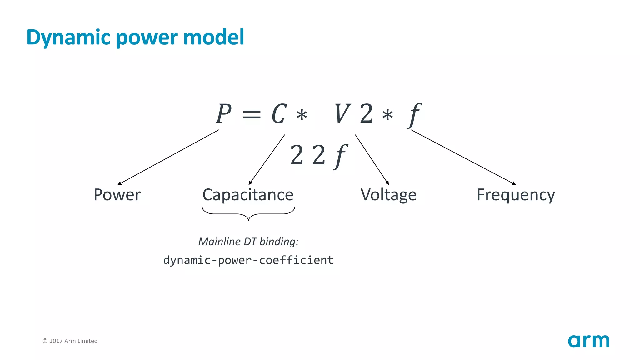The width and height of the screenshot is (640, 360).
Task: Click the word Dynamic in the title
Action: coord(69,37)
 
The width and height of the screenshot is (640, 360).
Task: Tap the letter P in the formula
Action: coord(224,114)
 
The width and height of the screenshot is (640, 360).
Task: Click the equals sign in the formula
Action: coord(252,114)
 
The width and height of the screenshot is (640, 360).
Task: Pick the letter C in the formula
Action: coord(279,114)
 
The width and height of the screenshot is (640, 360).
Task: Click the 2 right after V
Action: coord(366,114)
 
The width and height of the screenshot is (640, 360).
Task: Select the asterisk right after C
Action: coord(302,115)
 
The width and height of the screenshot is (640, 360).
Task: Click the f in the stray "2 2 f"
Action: coord(341,156)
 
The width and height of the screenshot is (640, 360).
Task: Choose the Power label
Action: coord(117,195)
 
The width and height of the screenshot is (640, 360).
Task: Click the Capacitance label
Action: coord(248,195)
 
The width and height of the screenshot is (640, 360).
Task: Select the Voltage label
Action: coord(388,195)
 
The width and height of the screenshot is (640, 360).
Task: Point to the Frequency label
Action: coord(516,195)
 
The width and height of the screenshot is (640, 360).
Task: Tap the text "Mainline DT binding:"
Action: coord(248,242)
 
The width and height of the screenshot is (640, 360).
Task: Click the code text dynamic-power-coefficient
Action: coord(248,260)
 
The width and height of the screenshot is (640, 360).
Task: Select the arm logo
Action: coord(588,341)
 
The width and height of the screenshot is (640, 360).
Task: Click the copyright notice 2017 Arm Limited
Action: coord(70,341)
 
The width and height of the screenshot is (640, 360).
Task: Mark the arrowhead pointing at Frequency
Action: coord(514,183)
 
